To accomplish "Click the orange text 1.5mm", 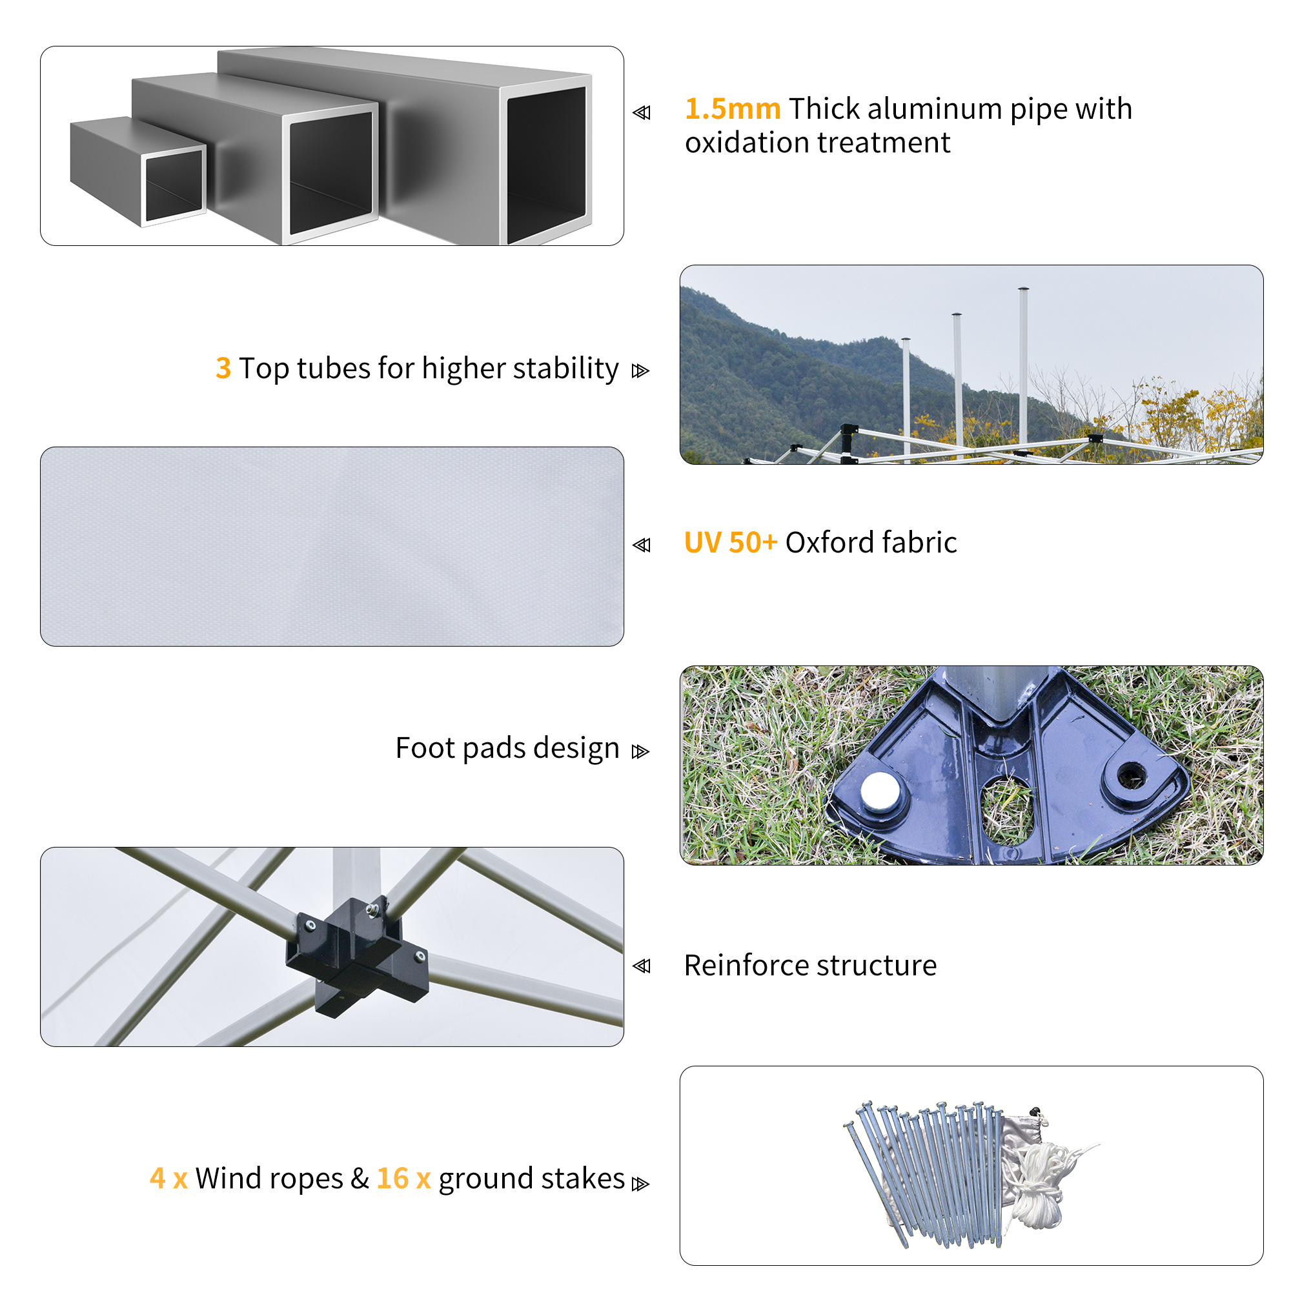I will [x=733, y=109].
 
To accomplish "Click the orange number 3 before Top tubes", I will [x=223, y=368].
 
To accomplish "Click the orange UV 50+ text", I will [x=730, y=542].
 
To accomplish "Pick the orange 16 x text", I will [x=403, y=1178].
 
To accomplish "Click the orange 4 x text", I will [x=168, y=1178].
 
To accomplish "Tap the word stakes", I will [x=583, y=1178].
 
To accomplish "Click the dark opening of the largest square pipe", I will [x=546, y=164].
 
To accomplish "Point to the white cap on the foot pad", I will [x=879, y=791].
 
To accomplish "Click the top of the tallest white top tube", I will [x=1023, y=290].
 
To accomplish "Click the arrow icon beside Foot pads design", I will [x=640, y=752].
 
